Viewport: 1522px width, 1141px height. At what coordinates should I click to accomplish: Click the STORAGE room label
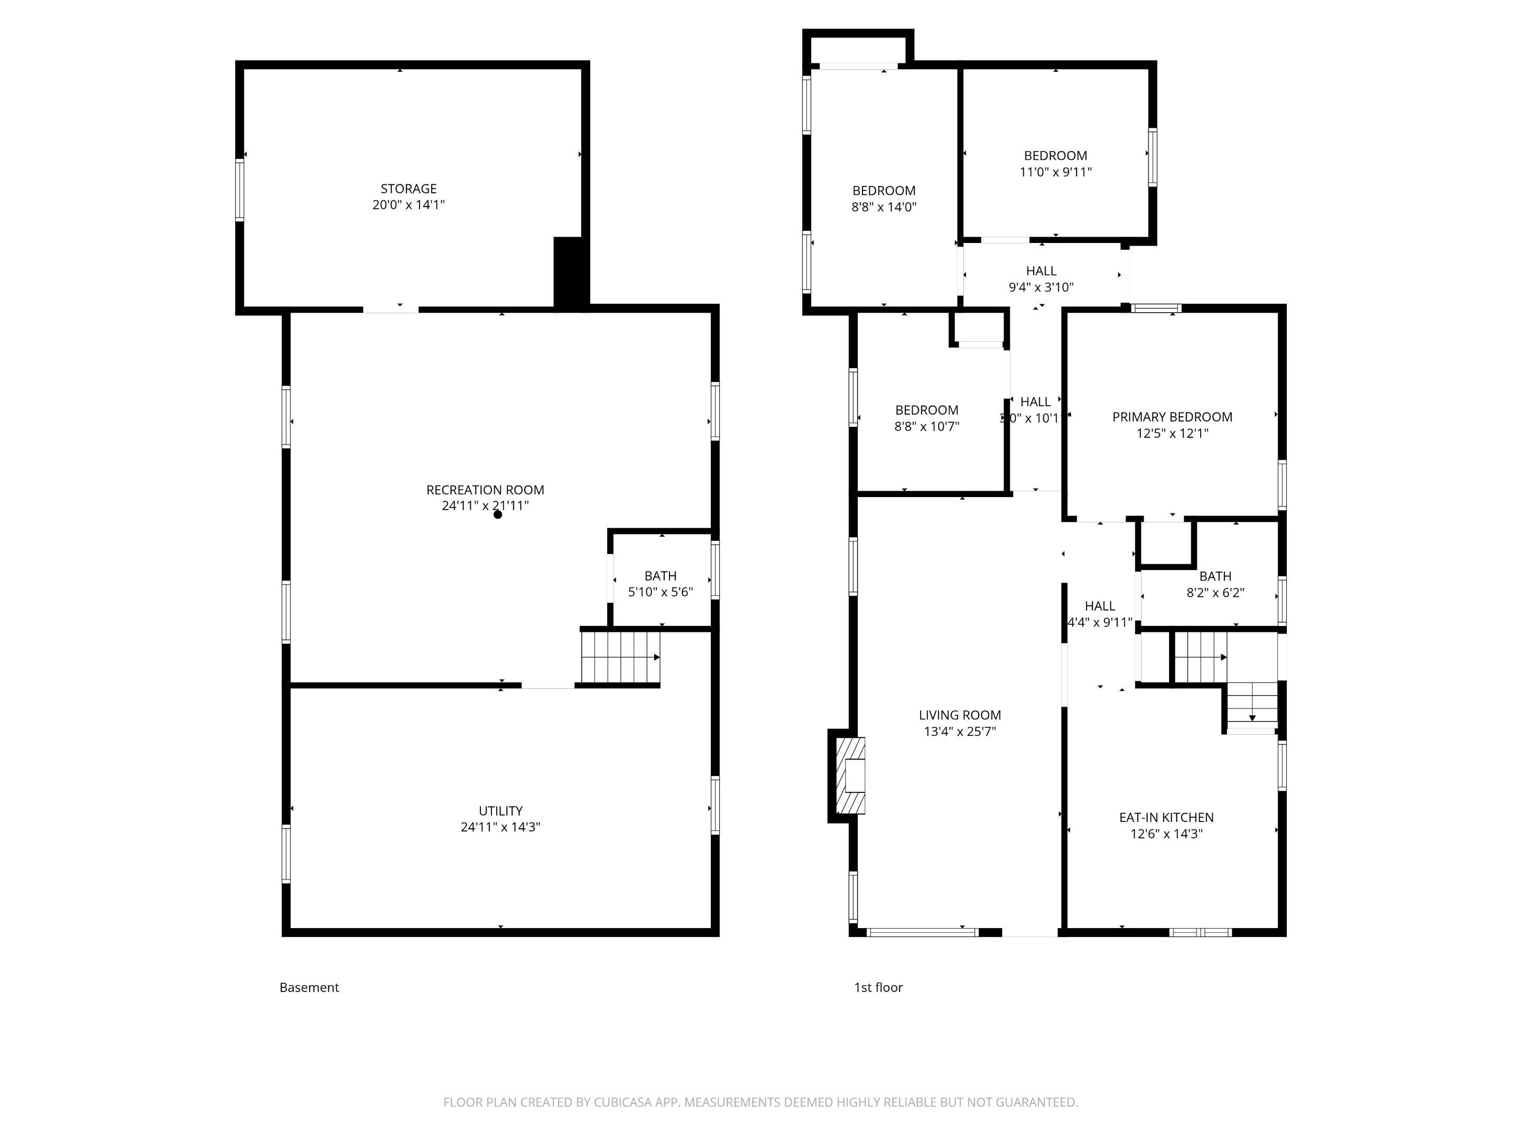coord(408,189)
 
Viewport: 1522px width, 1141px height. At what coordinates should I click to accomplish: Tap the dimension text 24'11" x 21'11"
coord(485,506)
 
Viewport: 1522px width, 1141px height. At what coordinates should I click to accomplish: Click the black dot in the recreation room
coord(497,515)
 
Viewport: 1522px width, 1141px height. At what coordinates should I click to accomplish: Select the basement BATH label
coord(660,576)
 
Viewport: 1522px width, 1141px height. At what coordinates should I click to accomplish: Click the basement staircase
coord(620,658)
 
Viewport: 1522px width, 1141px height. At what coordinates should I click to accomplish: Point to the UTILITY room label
coord(500,811)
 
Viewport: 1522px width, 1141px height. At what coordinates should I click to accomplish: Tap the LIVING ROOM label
coord(959,715)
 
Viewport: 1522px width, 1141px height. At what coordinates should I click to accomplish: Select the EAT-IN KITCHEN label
coord(1166,818)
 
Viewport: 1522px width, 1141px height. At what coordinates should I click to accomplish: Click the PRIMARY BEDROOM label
coord(1172,417)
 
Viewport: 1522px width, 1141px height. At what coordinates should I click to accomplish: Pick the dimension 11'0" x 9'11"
coord(1055,172)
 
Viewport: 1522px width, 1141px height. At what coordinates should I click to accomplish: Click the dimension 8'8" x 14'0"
coord(884,207)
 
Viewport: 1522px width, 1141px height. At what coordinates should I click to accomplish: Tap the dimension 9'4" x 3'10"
coord(1041,287)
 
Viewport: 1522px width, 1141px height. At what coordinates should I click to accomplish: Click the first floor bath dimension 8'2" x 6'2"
coord(1214,593)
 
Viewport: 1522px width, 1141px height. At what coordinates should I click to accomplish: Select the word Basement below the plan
coord(309,988)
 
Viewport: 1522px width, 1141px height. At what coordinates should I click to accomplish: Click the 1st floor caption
coord(878,988)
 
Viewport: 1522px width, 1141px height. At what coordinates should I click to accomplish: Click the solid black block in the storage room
coord(570,273)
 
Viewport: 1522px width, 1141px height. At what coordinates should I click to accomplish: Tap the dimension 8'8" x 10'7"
coord(926,426)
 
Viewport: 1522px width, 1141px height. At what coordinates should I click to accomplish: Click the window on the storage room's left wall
coord(239,190)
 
